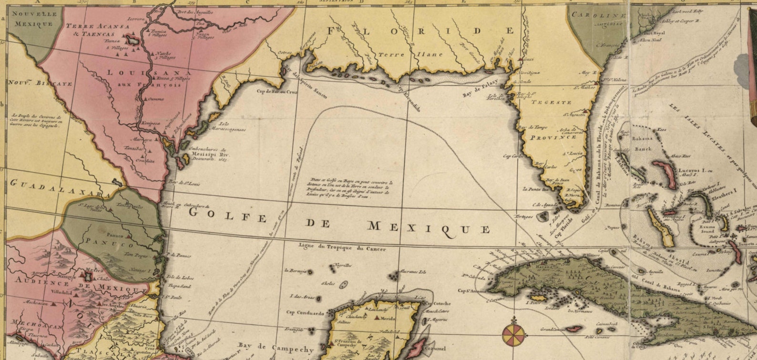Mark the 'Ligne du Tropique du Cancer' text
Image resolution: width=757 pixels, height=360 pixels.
342,248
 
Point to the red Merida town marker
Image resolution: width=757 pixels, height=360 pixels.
378,317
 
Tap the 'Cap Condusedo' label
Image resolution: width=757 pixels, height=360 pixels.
305,313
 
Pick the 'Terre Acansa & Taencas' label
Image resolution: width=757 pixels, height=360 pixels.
97,30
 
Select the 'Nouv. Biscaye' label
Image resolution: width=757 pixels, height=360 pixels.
40,83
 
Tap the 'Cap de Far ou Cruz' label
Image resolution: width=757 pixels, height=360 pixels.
276,91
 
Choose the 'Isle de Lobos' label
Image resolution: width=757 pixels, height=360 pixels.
177,278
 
